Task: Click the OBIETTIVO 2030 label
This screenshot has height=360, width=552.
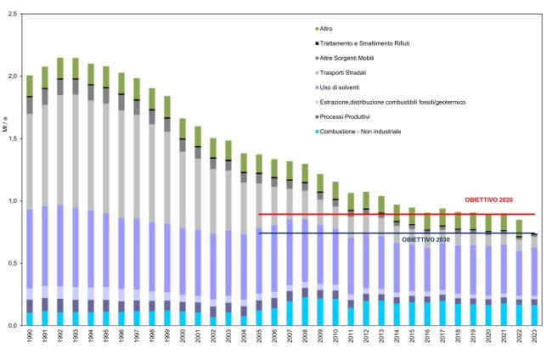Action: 428,240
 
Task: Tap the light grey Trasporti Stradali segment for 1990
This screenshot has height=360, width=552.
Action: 30,161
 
